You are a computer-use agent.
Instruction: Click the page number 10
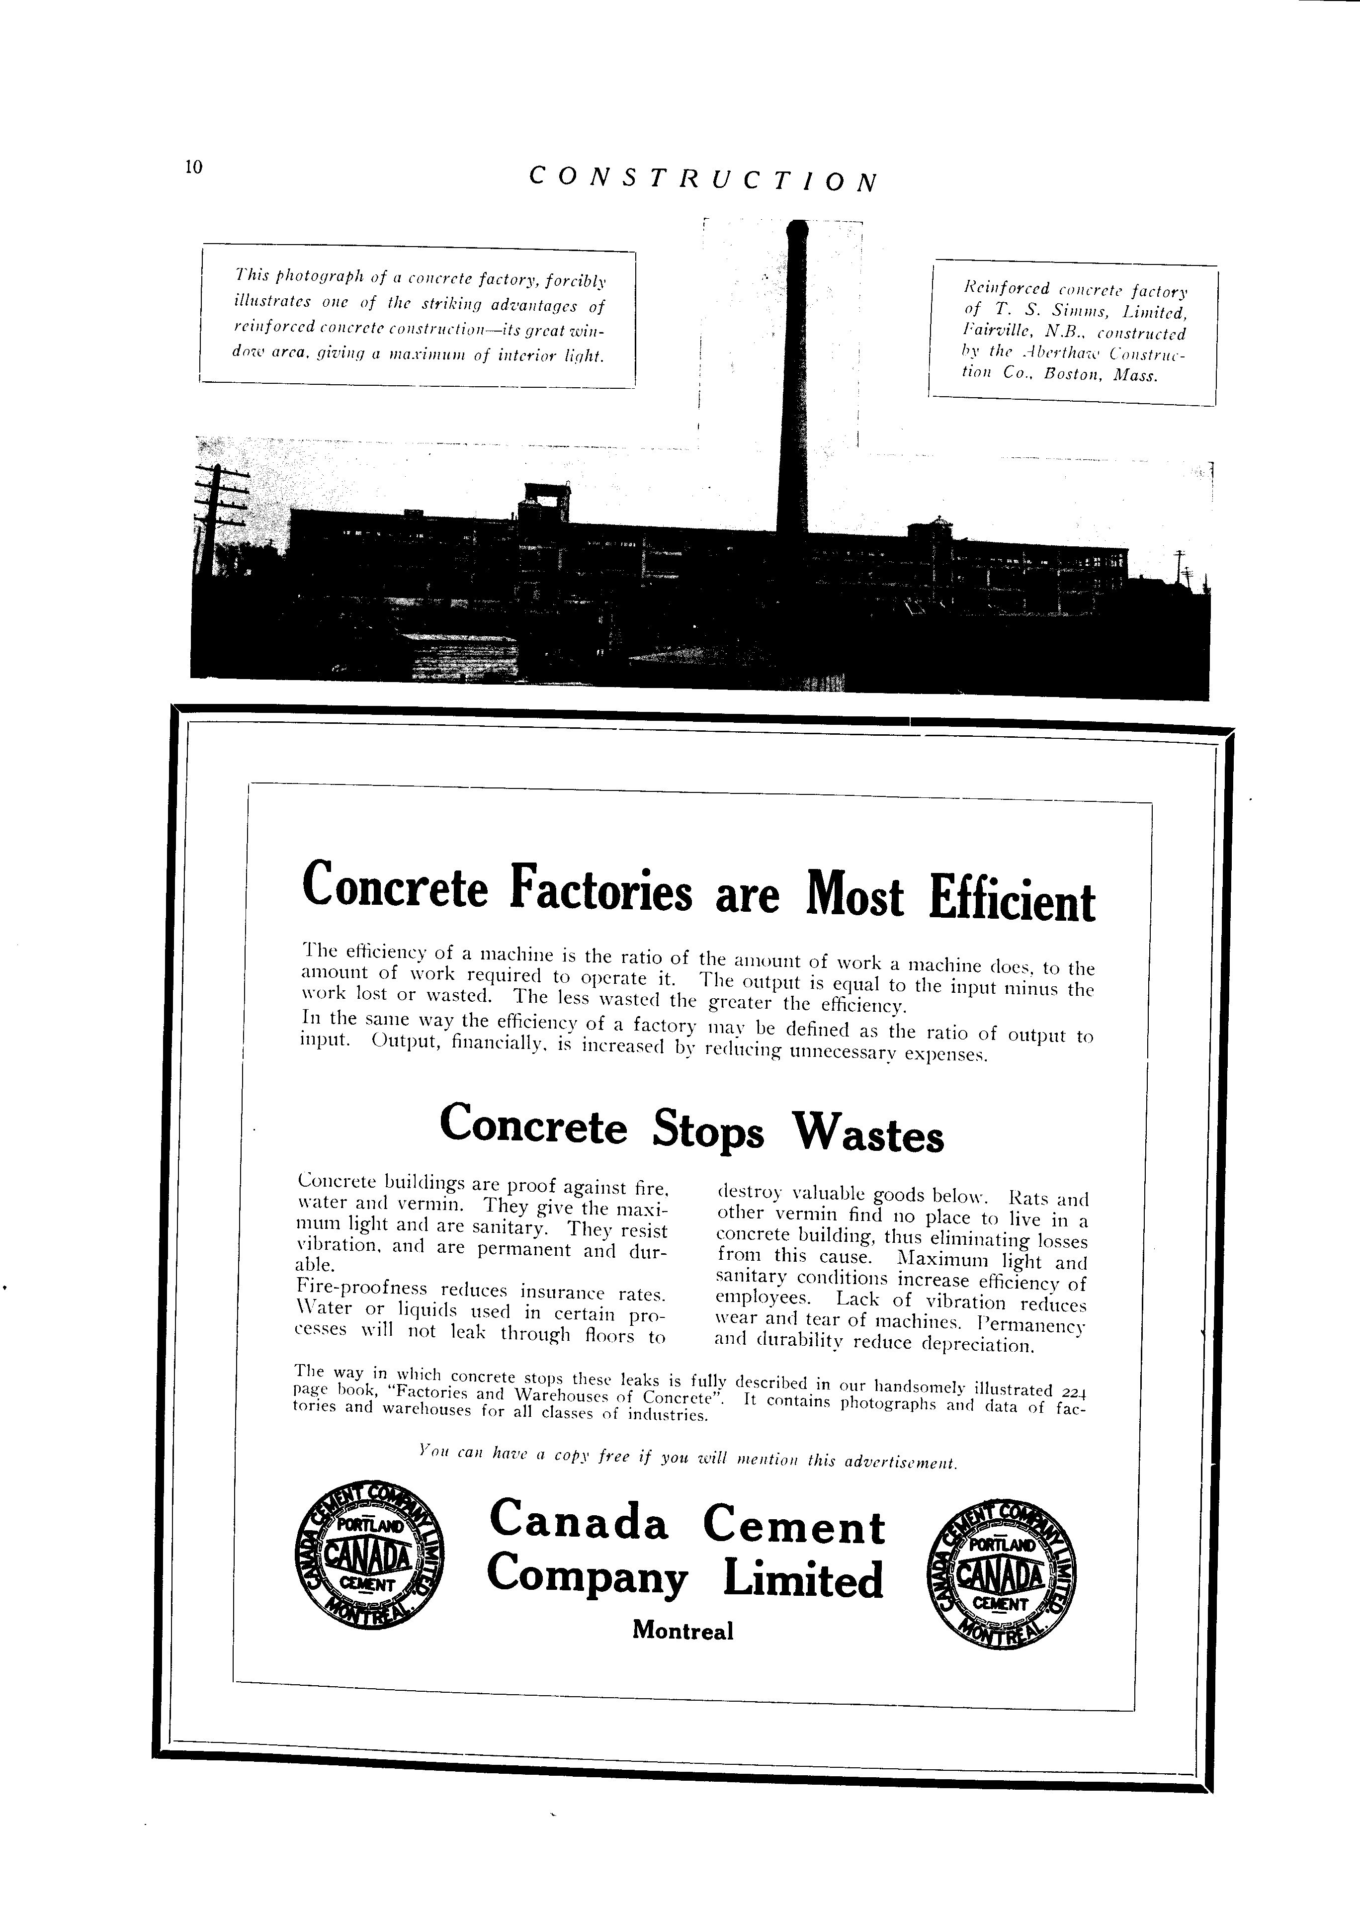coord(193,167)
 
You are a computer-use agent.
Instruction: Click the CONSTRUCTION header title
coord(703,178)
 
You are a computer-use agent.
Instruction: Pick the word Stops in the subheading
coord(708,1130)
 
